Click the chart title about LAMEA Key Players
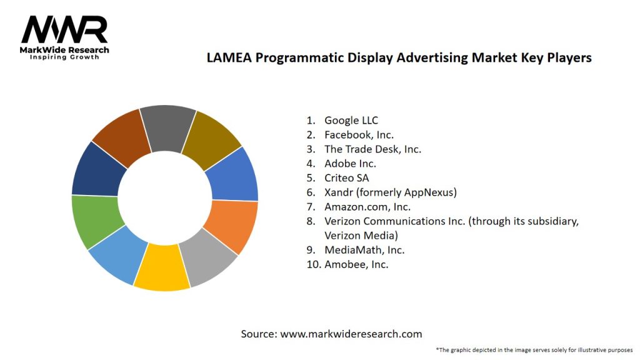(399, 58)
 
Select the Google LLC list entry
(351, 120)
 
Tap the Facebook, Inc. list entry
(359, 134)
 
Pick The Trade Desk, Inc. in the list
(372, 149)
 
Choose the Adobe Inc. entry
(350, 163)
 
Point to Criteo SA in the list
(346, 177)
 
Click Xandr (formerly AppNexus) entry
(390, 192)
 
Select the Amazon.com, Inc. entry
(367, 206)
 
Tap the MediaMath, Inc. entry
(364, 249)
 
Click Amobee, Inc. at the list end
(356, 264)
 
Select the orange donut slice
(231, 225)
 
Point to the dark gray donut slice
(167, 128)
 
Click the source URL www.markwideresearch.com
(351, 334)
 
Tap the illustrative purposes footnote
(534, 349)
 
